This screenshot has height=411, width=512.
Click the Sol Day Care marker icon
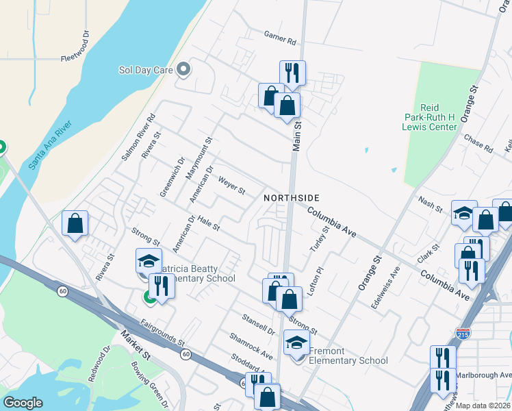click(183, 69)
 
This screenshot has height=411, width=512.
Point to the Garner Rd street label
click(279, 37)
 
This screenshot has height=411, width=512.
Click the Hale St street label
click(207, 222)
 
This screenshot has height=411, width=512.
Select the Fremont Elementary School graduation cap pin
click(296, 342)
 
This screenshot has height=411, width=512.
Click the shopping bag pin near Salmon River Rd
click(75, 223)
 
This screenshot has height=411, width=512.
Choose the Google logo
click(23, 403)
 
